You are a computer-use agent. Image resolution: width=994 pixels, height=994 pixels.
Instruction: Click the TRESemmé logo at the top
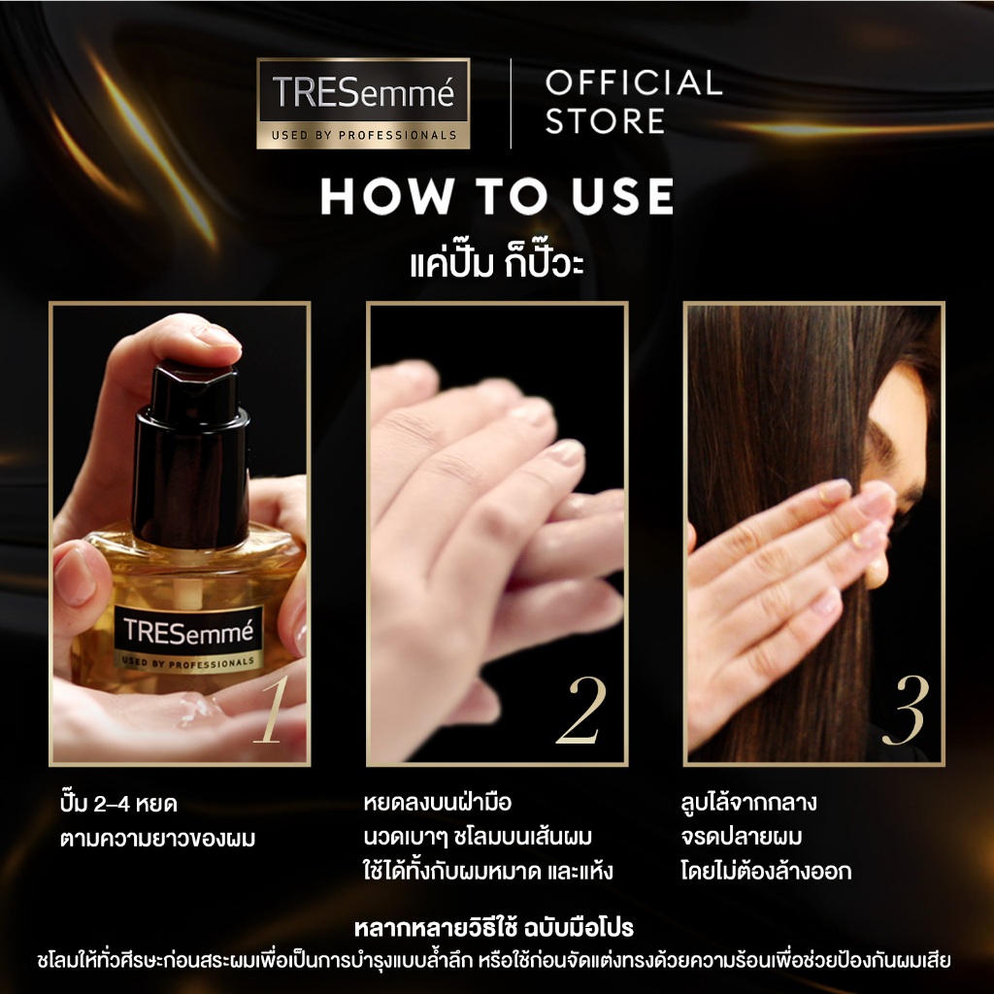[x=363, y=103]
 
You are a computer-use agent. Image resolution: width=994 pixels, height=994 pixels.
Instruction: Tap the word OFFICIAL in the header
[x=633, y=83]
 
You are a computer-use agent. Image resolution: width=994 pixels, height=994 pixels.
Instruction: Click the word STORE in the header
[x=605, y=121]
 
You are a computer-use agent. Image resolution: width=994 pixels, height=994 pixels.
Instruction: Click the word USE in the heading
[x=622, y=196]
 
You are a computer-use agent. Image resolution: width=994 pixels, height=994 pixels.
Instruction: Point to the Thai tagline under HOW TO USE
[x=497, y=262]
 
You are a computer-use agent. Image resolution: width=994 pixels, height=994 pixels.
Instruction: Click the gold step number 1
[x=272, y=710]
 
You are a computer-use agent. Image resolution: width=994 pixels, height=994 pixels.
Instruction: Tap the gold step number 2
[x=581, y=710]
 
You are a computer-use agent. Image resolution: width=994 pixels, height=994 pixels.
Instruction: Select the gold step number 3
[x=906, y=710]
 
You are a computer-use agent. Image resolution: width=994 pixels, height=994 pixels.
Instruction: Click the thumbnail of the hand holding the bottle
[x=180, y=534]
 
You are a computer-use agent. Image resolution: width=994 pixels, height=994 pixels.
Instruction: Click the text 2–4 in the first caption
[x=112, y=805]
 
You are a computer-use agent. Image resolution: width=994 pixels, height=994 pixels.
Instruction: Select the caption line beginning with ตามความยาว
[x=158, y=839]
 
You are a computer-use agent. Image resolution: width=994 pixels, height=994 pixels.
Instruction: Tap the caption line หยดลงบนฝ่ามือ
[x=438, y=802]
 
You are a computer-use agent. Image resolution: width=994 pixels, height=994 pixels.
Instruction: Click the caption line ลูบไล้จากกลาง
[x=748, y=802]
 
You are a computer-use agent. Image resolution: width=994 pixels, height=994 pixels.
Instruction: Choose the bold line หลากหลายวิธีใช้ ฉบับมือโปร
[x=494, y=927]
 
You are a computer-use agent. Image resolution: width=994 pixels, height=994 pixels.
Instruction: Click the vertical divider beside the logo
[x=511, y=103]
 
